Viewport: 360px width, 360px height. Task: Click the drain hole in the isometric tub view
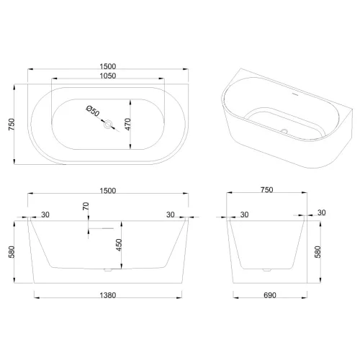[x=284, y=132]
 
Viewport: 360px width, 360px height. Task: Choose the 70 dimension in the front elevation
[x=86, y=206]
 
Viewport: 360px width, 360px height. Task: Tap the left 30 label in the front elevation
[x=45, y=214]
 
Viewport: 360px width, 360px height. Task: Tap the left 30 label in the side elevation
[x=245, y=214]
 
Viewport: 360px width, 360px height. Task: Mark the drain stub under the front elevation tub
[x=107, y=271]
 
